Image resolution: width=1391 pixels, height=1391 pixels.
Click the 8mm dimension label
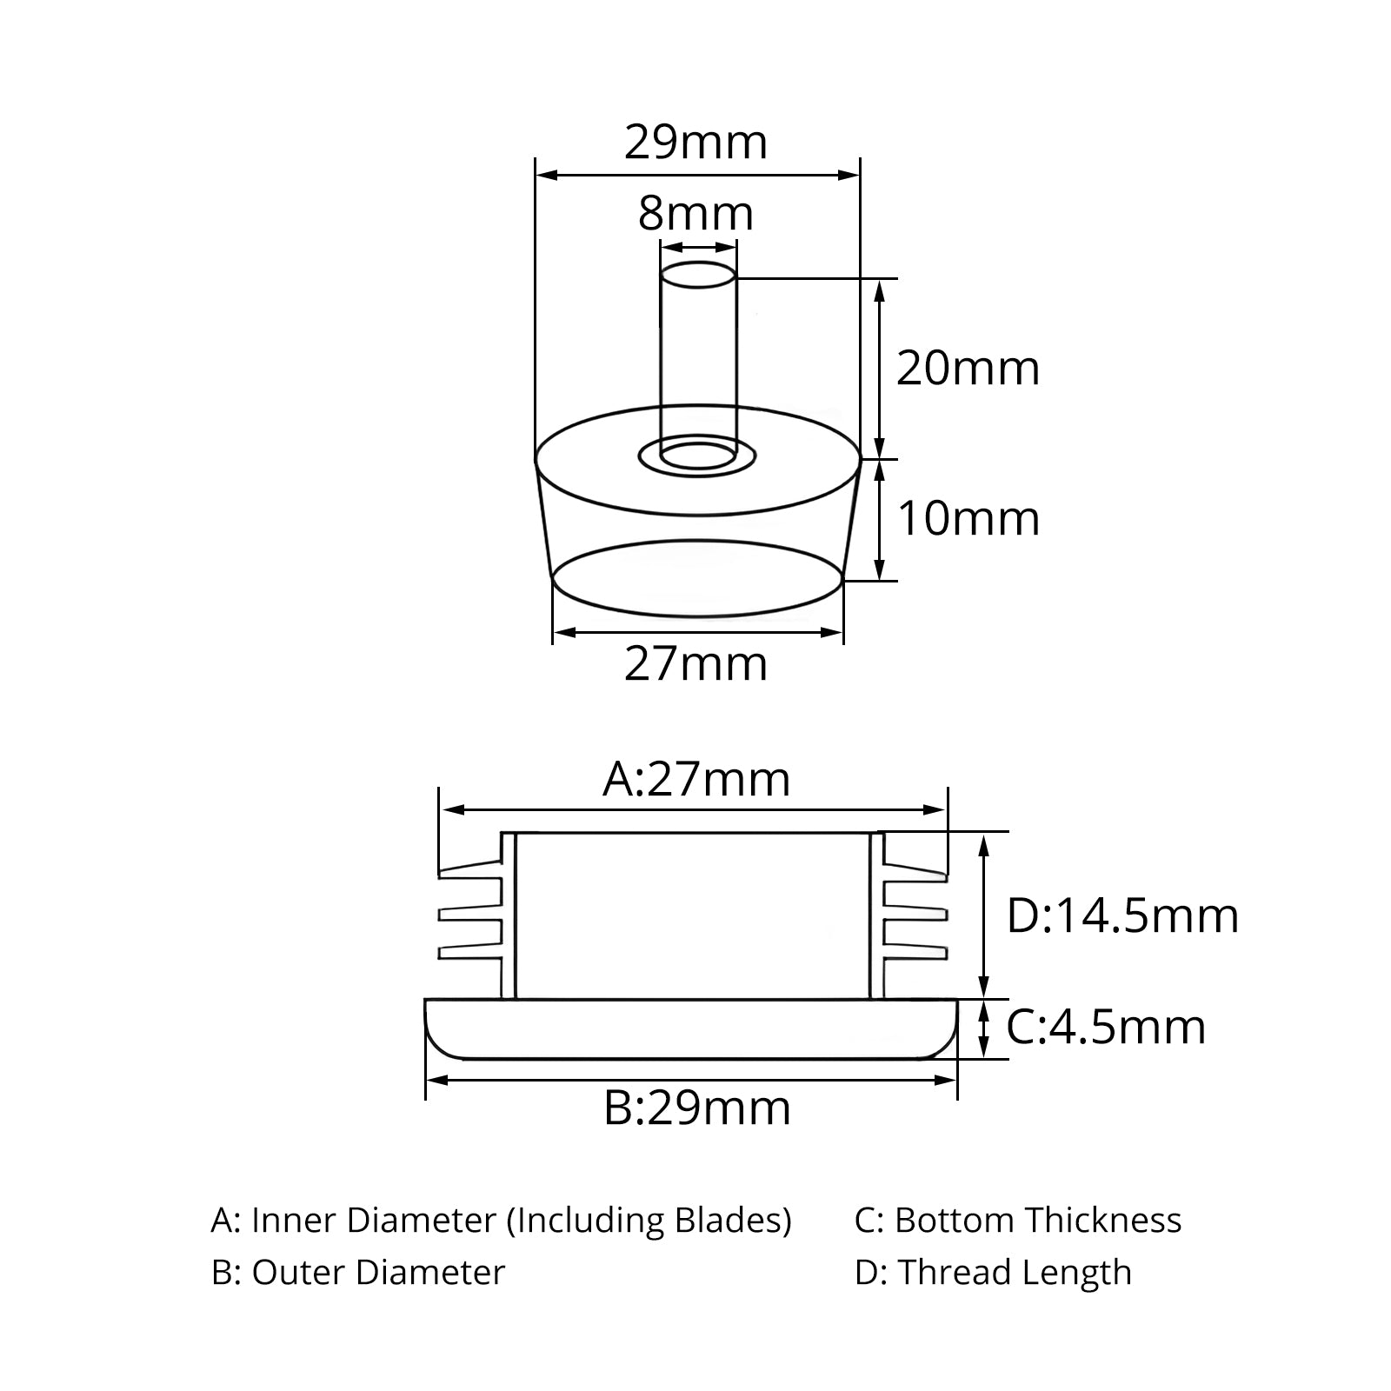[695, 214]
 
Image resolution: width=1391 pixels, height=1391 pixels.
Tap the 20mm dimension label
[968, 368]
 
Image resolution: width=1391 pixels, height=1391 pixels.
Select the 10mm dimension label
[968, 519]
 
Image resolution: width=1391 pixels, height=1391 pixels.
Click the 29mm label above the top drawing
[695, 143]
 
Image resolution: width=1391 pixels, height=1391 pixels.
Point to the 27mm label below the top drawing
[695, 665]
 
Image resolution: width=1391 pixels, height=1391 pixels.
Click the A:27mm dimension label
[696, 780]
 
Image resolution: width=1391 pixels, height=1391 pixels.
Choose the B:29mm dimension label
[697, 1108]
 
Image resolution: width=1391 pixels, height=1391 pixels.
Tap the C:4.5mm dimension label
[1106, 1028]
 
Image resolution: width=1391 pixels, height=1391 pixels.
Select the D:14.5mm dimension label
[1122, 916]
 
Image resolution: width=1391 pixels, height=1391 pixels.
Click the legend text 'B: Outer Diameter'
[357, 1273]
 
